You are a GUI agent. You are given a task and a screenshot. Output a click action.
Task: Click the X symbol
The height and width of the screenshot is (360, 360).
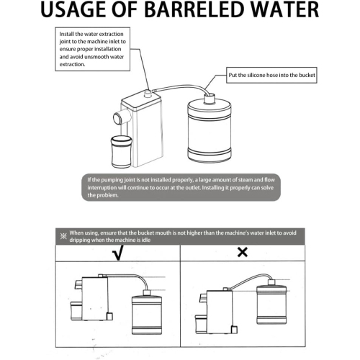click(243, 252)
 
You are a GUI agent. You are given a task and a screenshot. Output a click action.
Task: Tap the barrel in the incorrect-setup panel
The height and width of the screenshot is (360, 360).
click(274, 306)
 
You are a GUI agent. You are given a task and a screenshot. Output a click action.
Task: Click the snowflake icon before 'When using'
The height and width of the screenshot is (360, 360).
click(63, 235)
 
